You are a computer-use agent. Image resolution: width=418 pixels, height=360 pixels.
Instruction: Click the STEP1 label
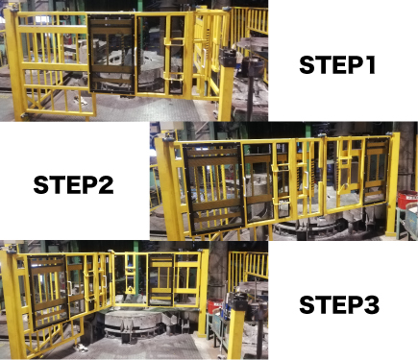click(x=337, y=65)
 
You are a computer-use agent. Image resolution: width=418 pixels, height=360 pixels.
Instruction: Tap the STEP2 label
click(x=73, y=185)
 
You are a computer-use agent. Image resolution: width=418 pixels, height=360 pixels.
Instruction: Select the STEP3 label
click(x=339, y=304)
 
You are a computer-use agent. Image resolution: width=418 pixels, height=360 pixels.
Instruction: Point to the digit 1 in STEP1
click(x=370, y=65)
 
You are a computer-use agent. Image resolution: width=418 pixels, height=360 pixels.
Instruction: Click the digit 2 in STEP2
click(x=107, y=185)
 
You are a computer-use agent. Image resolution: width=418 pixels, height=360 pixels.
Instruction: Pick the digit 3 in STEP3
click(x=373, y=304)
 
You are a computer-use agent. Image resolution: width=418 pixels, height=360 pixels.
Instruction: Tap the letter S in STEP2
click(x=40, y=185)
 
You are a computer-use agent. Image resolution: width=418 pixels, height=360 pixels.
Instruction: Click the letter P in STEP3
click(x=356, y=304)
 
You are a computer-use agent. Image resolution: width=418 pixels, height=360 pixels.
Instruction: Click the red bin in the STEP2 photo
click(x=406, y=199)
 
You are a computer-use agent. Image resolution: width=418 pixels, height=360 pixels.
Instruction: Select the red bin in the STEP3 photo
click(x=215, y=306)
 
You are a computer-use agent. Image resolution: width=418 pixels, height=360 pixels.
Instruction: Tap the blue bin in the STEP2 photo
click(x=411, y=219)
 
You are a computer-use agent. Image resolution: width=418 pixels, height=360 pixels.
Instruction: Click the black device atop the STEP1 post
click(x=229, y=58)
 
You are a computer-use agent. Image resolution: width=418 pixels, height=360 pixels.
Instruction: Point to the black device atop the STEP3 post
click(x=238, y=301)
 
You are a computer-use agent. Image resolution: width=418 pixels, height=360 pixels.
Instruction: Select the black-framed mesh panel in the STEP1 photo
click(x=111, y=55)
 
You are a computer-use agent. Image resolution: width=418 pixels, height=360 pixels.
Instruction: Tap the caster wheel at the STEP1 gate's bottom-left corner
click(x=23, y=115)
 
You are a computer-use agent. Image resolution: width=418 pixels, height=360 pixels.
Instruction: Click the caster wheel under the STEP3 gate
click(x=81, y=348)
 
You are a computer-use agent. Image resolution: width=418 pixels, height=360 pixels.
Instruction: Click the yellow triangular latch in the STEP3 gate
click(x=131, y=290)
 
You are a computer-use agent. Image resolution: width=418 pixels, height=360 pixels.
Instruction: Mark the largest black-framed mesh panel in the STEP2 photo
click(x=213, y=189)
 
